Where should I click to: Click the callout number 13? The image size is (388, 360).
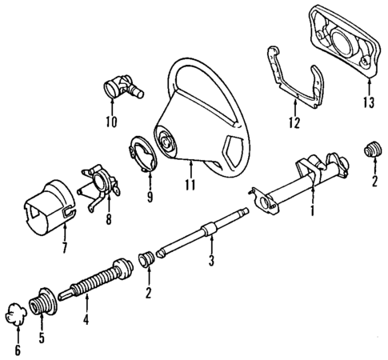[368, 102]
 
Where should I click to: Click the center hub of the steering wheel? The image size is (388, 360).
[169, 146]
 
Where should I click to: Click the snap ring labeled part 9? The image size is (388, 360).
[142, 155]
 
